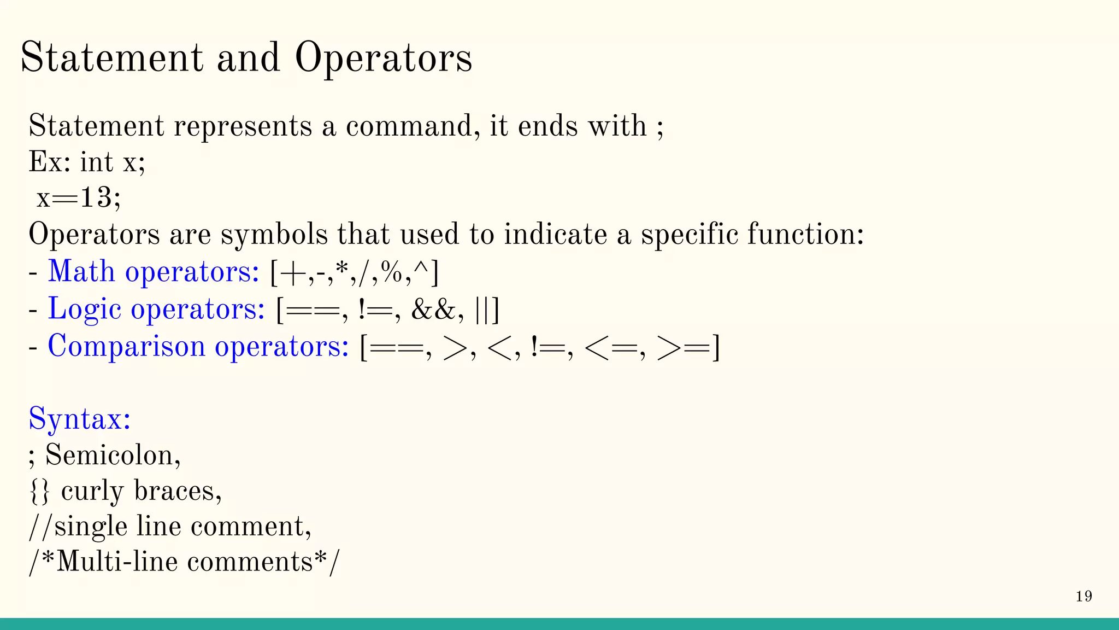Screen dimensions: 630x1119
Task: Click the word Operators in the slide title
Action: [x=384, y=58]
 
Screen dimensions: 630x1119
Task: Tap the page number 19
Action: [x=1084, y=596]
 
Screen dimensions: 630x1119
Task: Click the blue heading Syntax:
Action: [x=80, y=419]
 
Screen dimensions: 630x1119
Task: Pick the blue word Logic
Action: [x=84, y=310]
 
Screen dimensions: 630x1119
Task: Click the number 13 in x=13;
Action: [x=96, y=197]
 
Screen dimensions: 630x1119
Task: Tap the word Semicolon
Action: [x=111, y=455]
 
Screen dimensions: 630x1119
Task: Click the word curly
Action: [x=92, y=491]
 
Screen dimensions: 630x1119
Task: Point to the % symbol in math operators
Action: [x=392, y=272]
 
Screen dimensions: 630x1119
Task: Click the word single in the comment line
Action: [x=91, y=527]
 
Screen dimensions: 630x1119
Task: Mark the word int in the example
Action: [x=97, y=162]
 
